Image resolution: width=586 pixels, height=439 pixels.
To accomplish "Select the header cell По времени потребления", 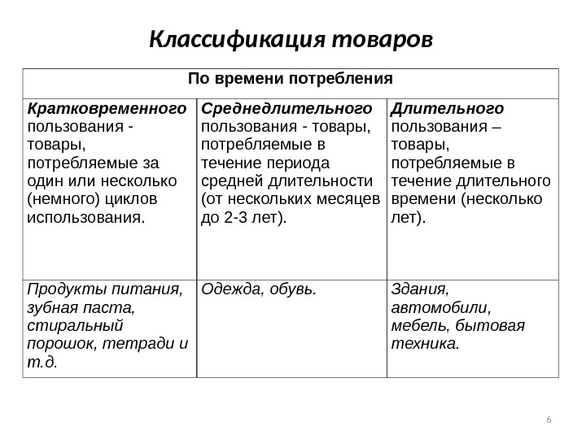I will click(x=291, y=79).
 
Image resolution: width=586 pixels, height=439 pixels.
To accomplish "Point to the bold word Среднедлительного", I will click(x=286, y=108).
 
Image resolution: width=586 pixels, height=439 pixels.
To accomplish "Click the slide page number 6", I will click(x=549, y=419).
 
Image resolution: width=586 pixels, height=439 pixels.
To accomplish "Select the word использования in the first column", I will click(x=85, y=217).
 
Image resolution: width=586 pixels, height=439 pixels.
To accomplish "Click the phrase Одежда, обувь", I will click(x=259, y=289).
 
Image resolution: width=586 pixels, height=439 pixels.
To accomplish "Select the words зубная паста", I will click(x=79, y=307).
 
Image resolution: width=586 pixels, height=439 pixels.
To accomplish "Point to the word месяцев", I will click(x=350, y=199).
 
